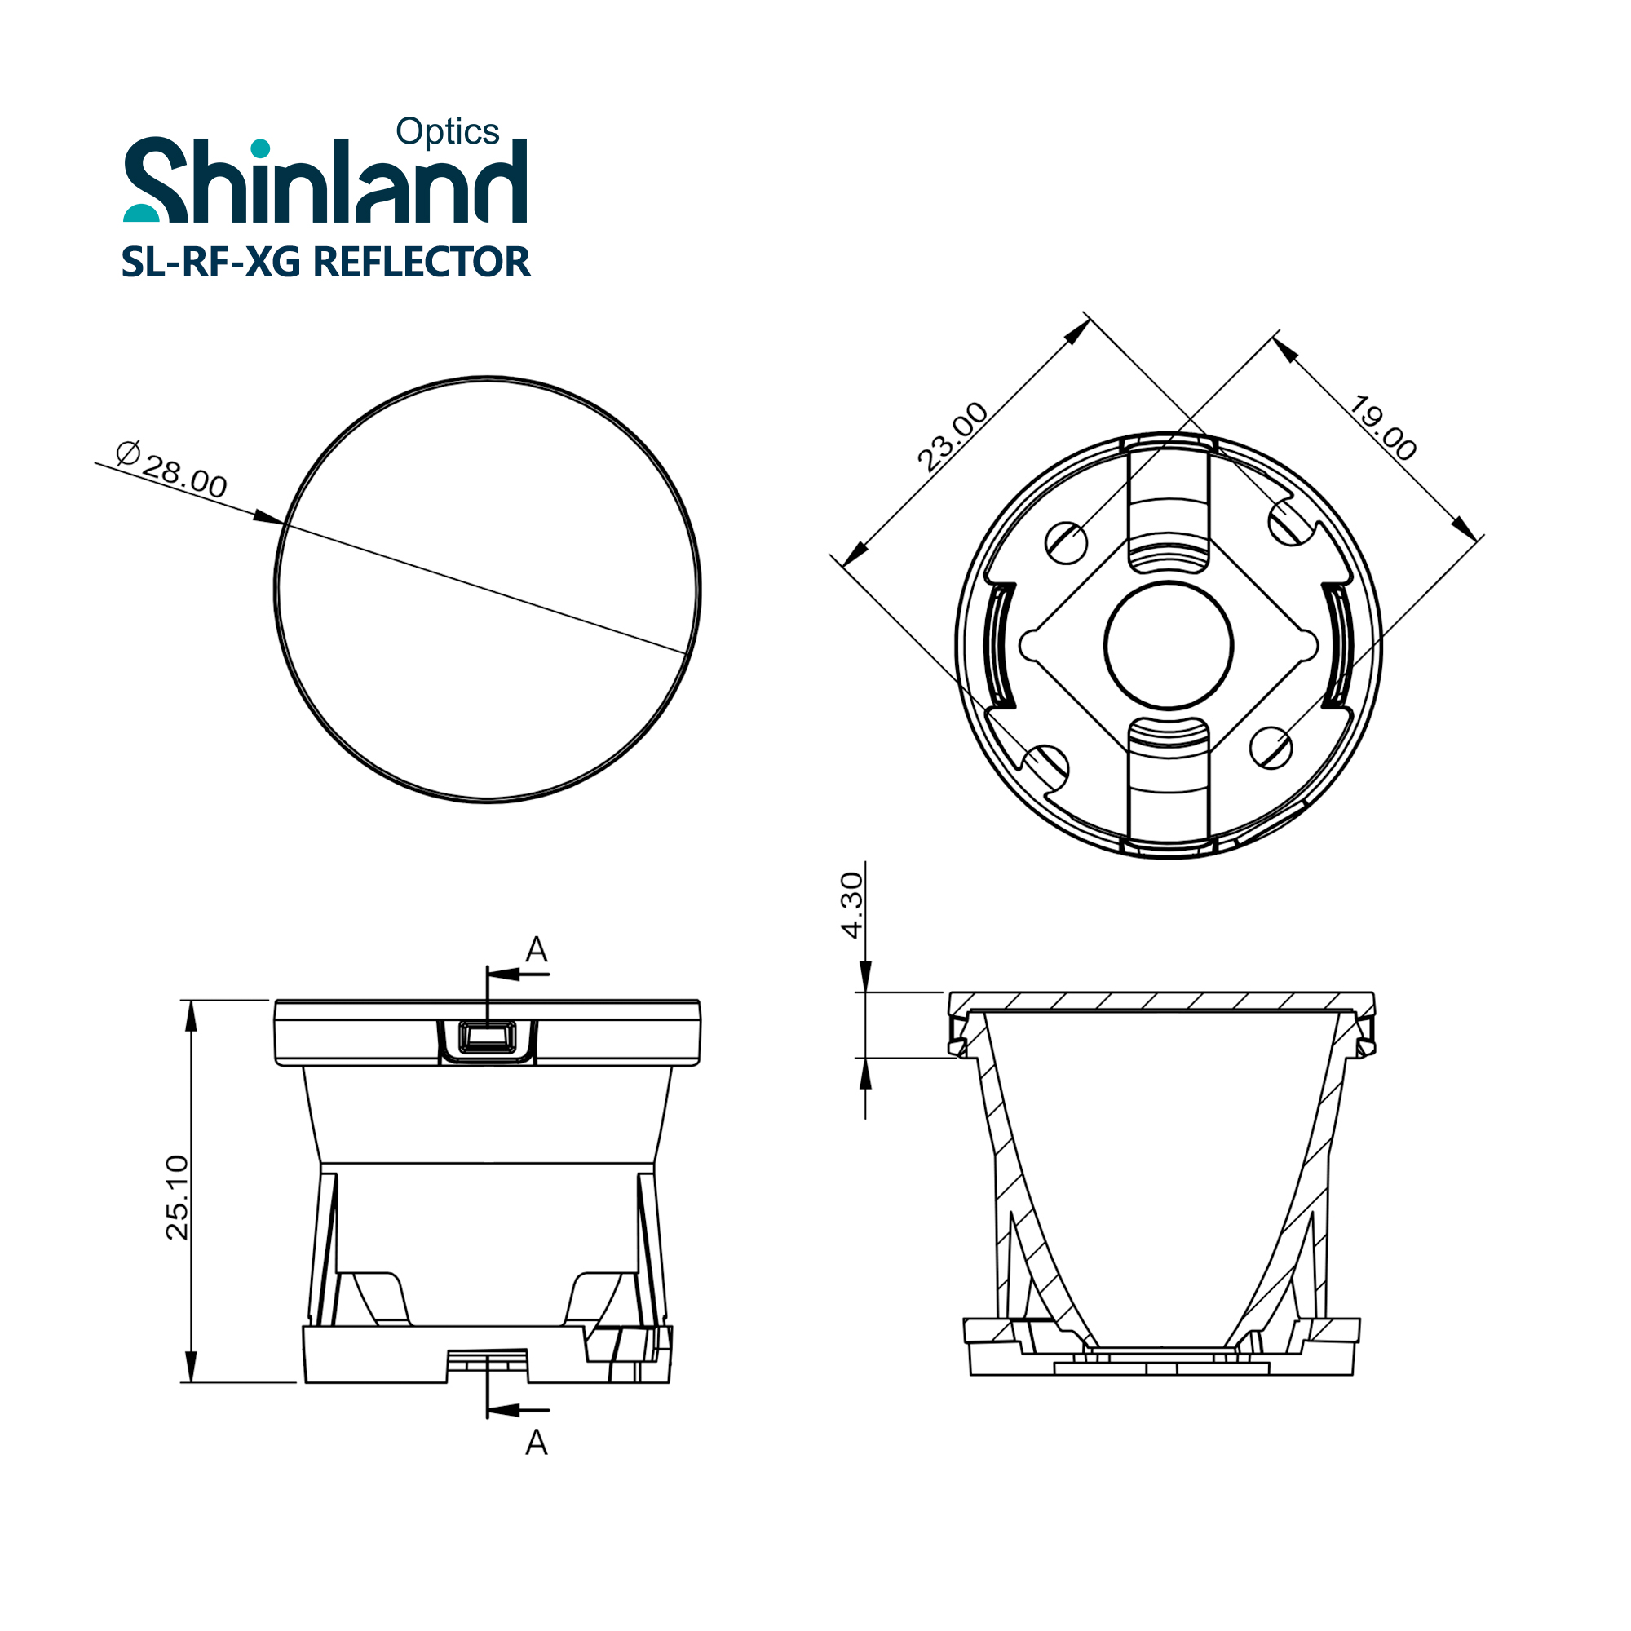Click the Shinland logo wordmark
[326, 179]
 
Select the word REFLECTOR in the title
[422, 262]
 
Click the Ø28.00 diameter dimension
[172, 471]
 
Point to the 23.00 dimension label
[953, 435]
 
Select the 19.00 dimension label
[1382, 427]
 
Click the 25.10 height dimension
[178, 1197]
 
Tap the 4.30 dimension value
[853, 905]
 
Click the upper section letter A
[537, 950]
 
